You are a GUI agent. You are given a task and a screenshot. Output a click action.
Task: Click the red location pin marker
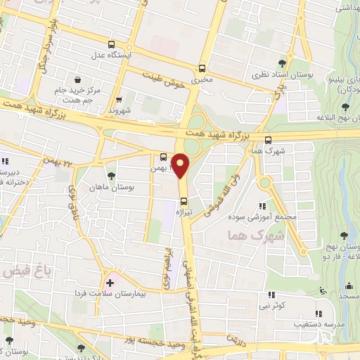[181, 166]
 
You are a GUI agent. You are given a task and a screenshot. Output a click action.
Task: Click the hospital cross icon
[110, 282]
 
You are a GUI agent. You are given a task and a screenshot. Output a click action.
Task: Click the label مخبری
[202, 80]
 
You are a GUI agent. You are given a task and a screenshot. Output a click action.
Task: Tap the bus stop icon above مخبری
[202, 68]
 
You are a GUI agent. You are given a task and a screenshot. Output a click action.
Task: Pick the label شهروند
[120, 110]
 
